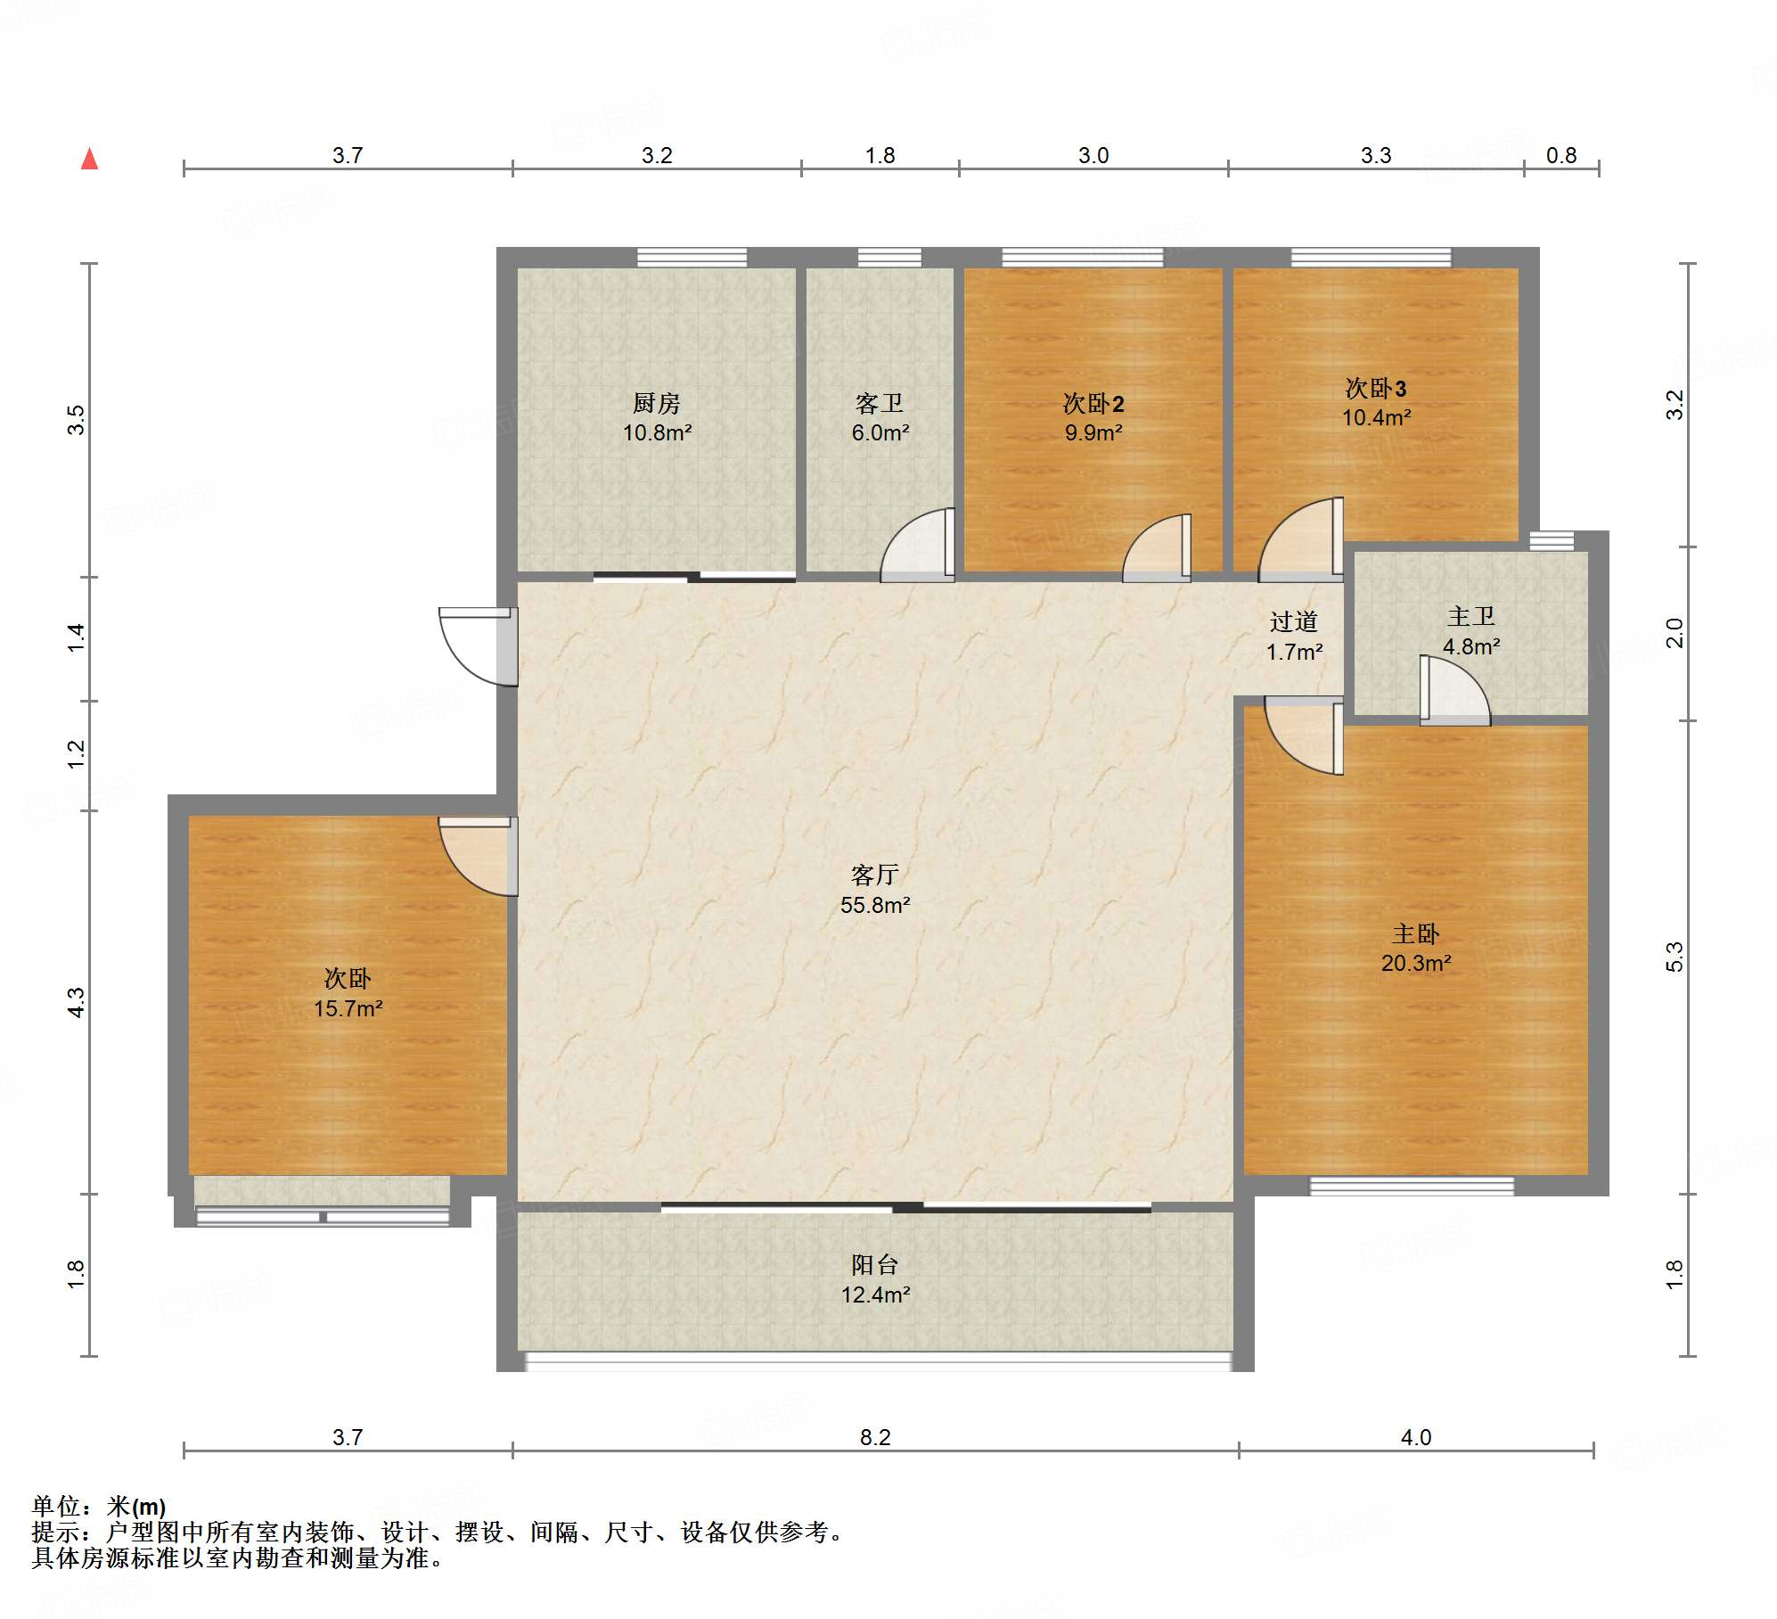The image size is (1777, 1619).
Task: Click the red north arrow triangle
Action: [x=89, y=159]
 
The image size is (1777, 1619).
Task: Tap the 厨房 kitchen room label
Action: [x=656, y=404]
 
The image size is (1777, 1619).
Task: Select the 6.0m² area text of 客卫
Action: [x=880, y=433]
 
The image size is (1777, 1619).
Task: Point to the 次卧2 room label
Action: [x=1093, y=404]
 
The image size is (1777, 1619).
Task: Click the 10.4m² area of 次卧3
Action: [x=1376, y=417]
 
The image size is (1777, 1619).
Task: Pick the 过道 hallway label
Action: [x=1293, y=621]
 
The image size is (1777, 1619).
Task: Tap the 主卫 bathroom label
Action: [x=1470, y=616]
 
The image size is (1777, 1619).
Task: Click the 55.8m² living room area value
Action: [x=874, y=905]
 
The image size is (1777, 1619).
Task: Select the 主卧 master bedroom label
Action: [x=1415, y=933]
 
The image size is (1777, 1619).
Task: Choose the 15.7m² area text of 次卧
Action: [x=348, y=1008]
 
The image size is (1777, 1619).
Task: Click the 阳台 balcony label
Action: [x=874, y=1264]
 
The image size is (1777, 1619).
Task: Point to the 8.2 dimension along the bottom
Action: [x=874, y=1436]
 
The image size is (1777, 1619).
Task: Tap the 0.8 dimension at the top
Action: [x=1560, y=155]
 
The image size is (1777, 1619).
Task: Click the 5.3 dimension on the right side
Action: [x=1675, y=957]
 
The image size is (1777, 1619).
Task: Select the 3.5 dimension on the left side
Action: [x=77, y=419]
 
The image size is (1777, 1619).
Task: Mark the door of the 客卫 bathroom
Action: [x=917, y=545]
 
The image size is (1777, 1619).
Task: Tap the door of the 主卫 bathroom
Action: [x=1454, y=690]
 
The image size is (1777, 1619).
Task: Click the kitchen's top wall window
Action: [x=692, y=258]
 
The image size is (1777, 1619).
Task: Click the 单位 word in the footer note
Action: [x=55, y=1506]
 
